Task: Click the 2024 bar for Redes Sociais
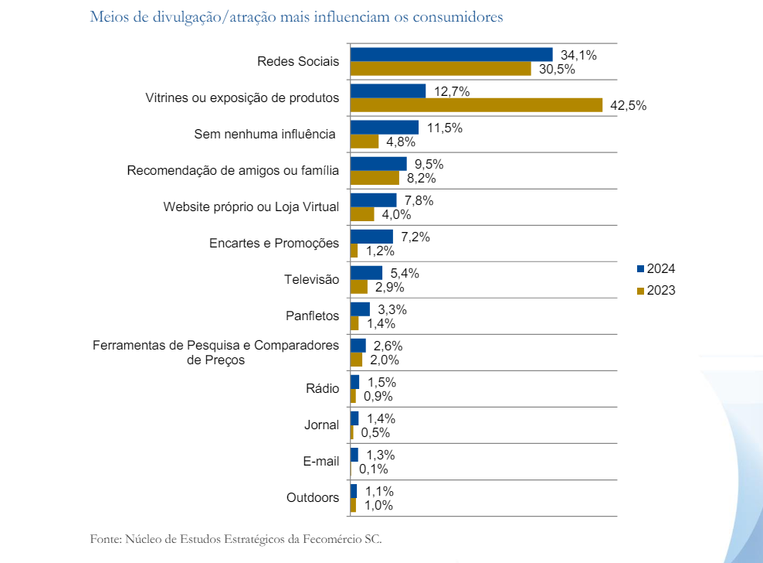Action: pos(452,54)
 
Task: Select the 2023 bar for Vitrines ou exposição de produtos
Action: pos(476,105)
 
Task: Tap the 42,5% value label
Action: pos(628,106)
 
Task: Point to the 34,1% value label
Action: pos(578,55)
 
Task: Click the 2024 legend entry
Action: pos(656,268)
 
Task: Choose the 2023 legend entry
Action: pos(656,291)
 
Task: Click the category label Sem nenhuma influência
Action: pos(266,135)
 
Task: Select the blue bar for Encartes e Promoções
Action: pos(371,237)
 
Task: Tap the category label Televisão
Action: pos(311,280)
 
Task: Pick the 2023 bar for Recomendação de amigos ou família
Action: pos(375,178)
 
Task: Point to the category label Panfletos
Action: pos(312,316)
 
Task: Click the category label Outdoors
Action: pos(312,498)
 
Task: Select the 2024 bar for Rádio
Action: pos(354,382)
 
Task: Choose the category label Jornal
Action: pos(321,425)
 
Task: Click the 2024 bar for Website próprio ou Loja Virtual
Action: pos(374,200)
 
